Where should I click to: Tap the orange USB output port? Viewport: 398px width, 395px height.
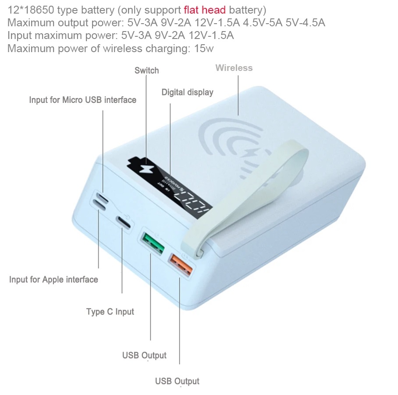point(180,265)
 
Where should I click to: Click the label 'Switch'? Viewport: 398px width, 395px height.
point(146,71)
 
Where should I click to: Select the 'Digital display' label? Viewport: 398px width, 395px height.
point(187,92)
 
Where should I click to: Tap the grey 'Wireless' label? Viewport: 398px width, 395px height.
point(234,68)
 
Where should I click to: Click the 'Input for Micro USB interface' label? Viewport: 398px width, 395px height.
point(82,100)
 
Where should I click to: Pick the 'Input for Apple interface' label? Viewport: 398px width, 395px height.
point(53,279)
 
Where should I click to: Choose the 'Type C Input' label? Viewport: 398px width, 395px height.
point(110,312)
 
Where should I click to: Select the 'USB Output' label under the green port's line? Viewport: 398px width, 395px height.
point(144,355)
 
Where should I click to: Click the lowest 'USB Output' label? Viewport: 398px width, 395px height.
point(177,381)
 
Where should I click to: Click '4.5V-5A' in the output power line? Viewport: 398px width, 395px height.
point(260,23)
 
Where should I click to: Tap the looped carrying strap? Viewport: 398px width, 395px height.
point(245,193)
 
